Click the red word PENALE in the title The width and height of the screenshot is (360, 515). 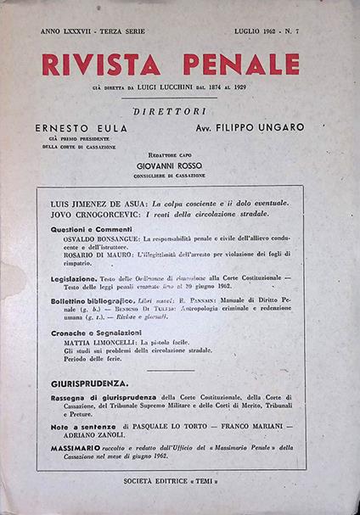(x=245, y=64)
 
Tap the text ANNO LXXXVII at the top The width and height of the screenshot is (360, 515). (x=69, y=31)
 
